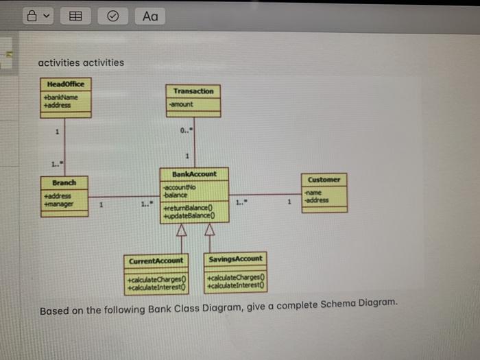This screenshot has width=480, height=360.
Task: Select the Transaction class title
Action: click(193, 91)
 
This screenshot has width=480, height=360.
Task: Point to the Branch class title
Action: click(64, 182)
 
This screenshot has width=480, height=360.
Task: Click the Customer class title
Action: click(324, 179)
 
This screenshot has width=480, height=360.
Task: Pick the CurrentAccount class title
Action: click(156, 261)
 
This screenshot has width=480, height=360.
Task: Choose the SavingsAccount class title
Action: click(234, 259)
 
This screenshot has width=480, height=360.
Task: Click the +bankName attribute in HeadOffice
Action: click(60, 97)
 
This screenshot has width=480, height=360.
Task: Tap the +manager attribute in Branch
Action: click(58, 203)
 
